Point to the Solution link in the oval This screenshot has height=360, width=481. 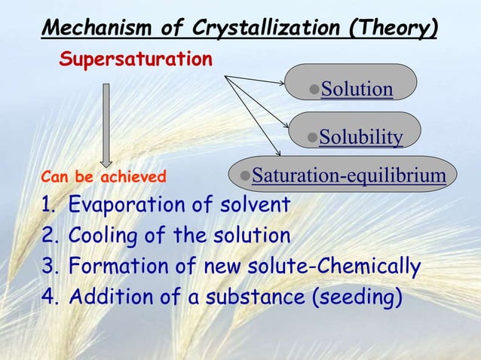[x=357, y=90]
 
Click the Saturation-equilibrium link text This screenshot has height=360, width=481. [x=348, y=175]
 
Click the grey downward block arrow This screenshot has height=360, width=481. [x=106, y=124]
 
